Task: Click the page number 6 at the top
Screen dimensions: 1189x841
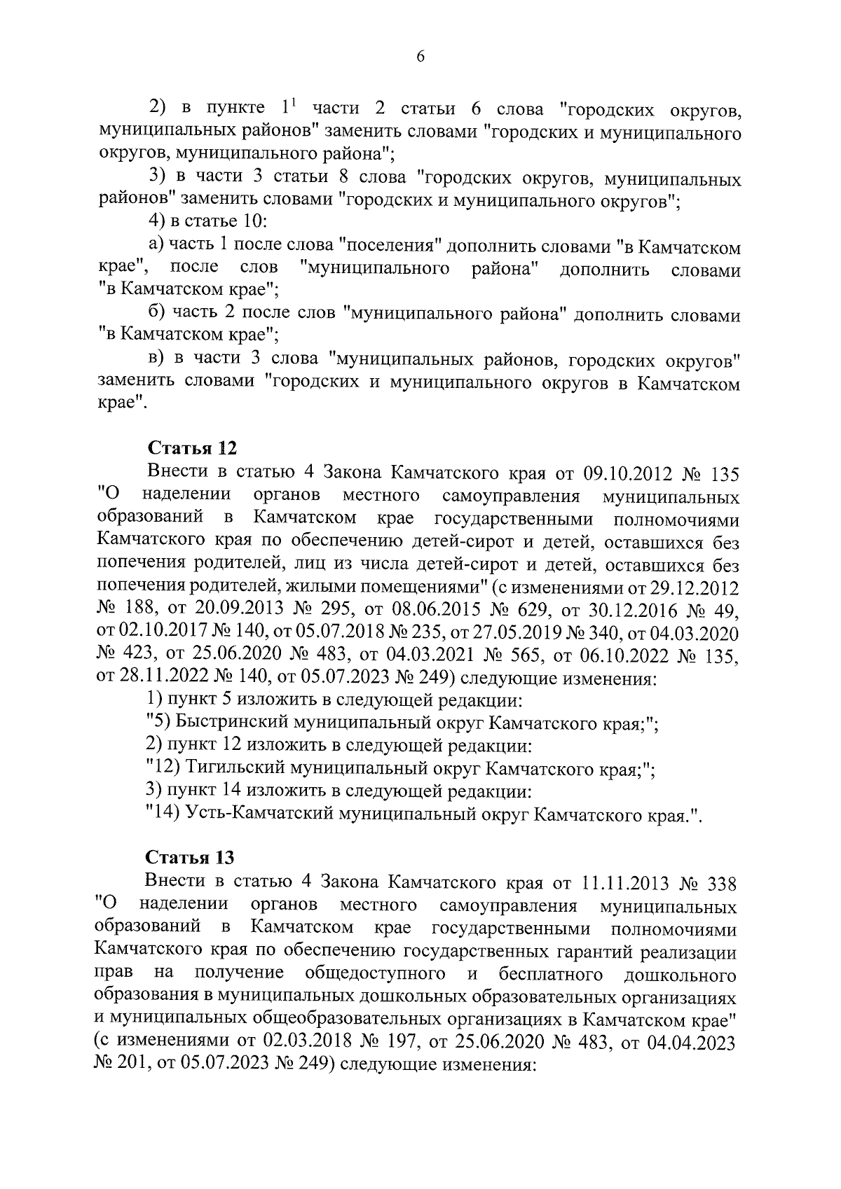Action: pyautogui.click(x=420, y=57)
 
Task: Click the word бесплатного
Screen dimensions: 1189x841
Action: pyautogui.click(x=552, y=974)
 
